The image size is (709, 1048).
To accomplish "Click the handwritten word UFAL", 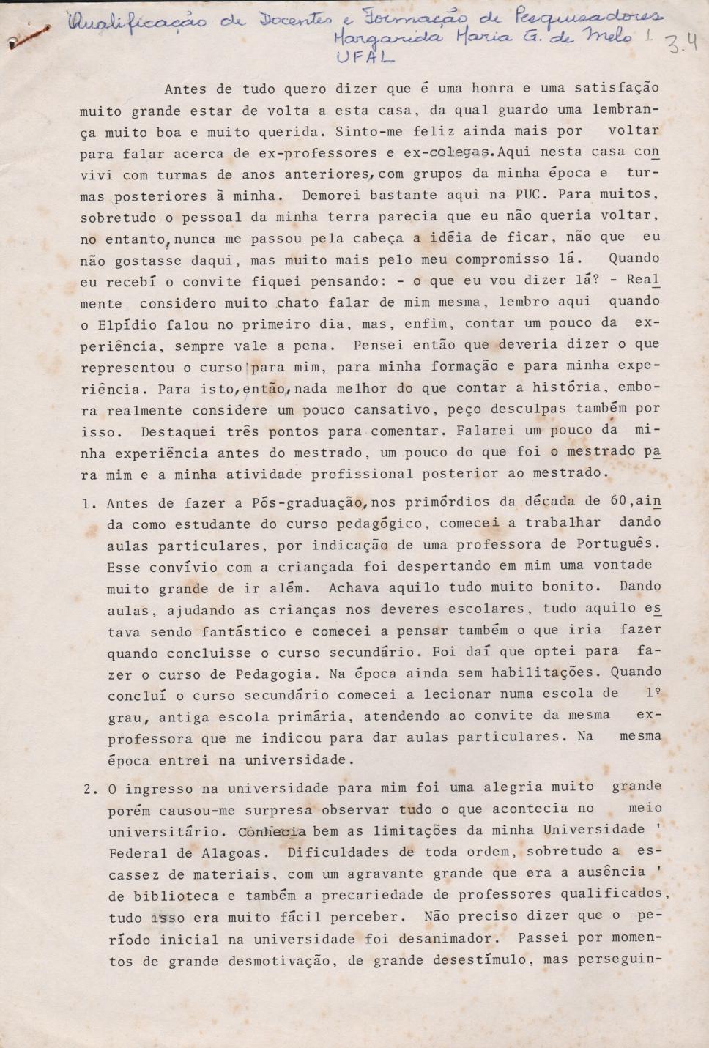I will pyautogui.click(x=364, y=57).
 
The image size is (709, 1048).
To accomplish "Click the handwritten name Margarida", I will pyautogui.click(x=376, y=38).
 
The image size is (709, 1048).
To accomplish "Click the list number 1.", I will pyautogui.click(x=89, y=503).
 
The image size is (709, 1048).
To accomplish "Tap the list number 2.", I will pyautogui.click(x=91, y=789).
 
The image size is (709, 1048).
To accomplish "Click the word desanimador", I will pyautogui.click(x=454, y=939).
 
